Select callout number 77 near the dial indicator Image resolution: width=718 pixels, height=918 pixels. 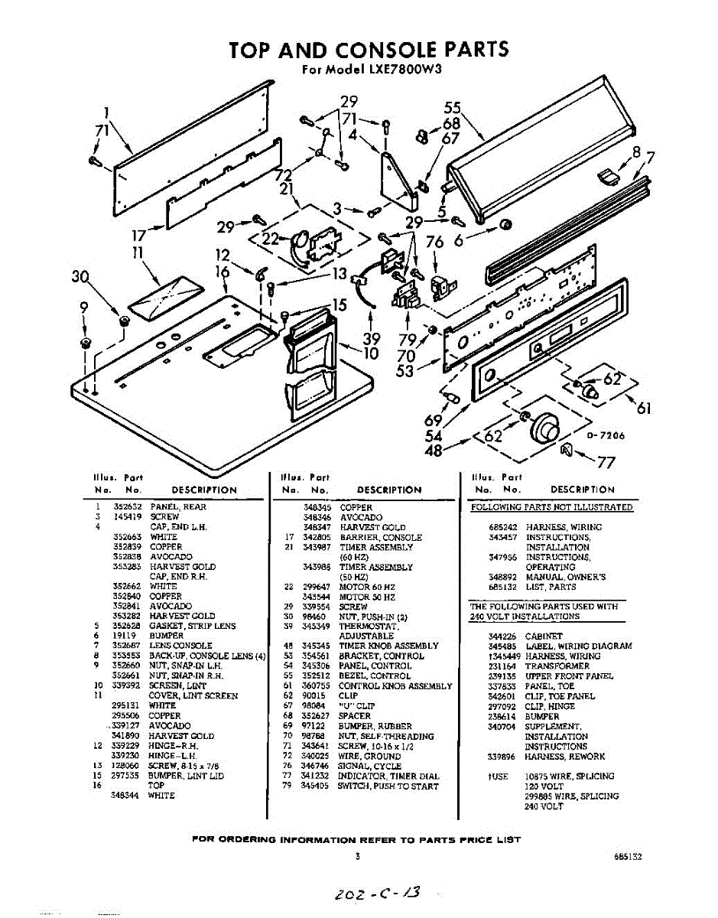[x=606, y=461]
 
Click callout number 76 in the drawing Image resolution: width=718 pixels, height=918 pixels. [x=434, y=243]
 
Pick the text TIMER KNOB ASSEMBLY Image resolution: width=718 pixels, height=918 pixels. [x=388, y=646]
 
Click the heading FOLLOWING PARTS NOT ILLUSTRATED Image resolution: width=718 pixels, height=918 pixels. [x=551, y=507]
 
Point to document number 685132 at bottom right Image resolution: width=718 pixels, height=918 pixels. [x=627, y=858]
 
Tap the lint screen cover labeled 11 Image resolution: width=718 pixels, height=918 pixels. [x=164, y=294]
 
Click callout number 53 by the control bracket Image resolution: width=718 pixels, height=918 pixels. [x=405, y=372]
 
